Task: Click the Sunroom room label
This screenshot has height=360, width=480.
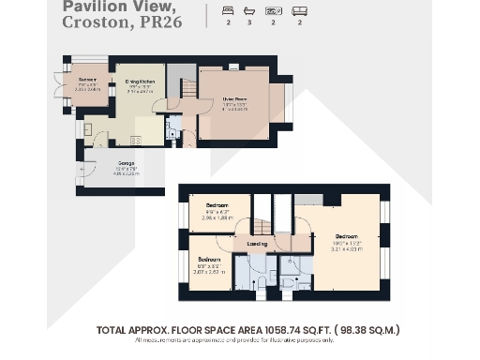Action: pos(88,80)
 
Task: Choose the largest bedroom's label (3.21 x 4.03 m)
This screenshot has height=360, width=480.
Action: pos(348,237)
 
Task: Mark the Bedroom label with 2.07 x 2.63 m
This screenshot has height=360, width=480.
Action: pos(208,259)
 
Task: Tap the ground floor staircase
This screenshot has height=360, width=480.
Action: pos(187,90)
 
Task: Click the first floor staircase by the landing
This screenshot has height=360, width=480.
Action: pos(262,214)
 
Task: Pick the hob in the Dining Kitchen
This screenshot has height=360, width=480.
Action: pos(135,141)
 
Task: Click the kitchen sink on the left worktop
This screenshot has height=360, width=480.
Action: pos(87,129)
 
